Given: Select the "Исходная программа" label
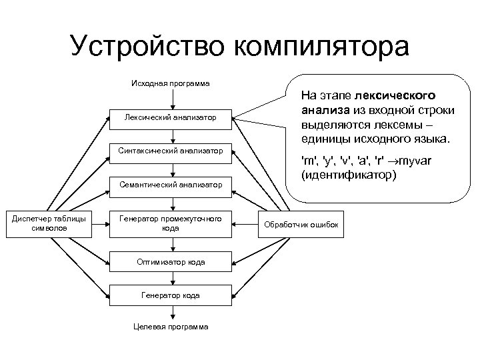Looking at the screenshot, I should click(171, 83).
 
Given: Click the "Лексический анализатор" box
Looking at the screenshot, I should click(171, 118).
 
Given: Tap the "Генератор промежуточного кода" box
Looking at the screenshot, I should click(171, 223).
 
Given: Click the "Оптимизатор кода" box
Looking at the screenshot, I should click(171, 262).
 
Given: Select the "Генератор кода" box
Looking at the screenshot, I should click(171, 294).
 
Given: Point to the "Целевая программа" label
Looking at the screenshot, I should click(171, 327).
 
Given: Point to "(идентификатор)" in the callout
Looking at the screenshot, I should click(349, 175).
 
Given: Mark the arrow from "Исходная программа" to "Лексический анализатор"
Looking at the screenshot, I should click(171, 98).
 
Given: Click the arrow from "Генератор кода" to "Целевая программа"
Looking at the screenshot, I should click(171, 312).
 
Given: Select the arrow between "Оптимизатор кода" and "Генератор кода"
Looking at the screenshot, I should click(171, 278).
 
